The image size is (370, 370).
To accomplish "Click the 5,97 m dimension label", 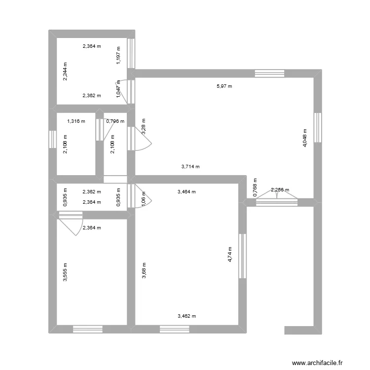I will tap(224, 86).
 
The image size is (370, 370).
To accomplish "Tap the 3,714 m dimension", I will tap(190, 167).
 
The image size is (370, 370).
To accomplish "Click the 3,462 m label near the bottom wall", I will tap(186, 316).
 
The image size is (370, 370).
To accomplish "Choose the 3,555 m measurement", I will tap(65, 272).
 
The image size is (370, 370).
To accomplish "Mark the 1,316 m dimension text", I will tap(76, 121).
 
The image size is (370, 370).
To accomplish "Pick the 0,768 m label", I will tap(255, 187).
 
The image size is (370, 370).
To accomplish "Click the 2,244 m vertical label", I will tap(66, 71).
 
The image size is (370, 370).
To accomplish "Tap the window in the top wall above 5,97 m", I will tap(269, 74).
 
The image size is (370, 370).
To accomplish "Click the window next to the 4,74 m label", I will tap(242, 256).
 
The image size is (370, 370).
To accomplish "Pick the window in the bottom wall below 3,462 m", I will tap(174, 329).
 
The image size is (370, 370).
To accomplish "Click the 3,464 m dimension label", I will tap(186, 192).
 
